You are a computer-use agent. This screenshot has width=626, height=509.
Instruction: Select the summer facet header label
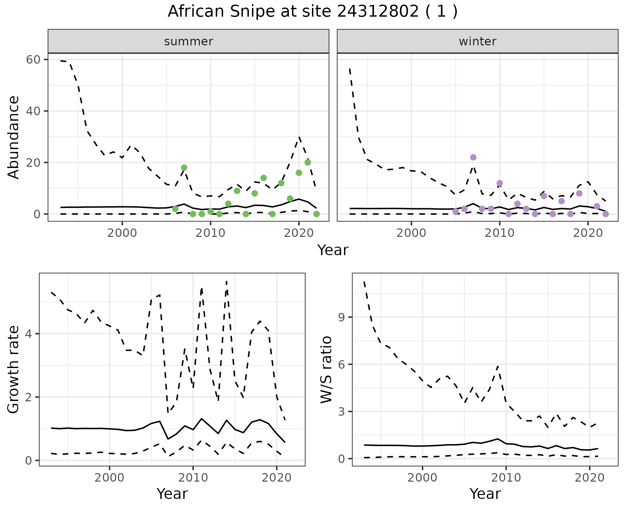(188, 41)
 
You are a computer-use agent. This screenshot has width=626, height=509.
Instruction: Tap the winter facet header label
(477, 41)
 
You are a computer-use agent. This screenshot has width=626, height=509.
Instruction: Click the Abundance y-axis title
(14, 137)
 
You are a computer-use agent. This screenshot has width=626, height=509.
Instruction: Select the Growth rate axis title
(14, 369)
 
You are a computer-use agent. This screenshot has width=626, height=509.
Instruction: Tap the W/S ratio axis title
(326, 369)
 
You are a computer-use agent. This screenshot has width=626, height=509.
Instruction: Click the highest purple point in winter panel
(473, 157)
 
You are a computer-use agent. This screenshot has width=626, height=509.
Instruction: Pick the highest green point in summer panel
(307, 162)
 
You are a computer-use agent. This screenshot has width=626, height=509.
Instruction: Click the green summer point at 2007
(184, 168)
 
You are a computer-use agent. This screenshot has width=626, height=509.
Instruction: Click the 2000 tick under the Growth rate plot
(109, 478)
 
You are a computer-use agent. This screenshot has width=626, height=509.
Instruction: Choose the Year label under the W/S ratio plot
(485, 494)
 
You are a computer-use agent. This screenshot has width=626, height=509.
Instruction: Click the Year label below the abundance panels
(333, 250)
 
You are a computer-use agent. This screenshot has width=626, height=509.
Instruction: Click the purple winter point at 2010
(499, 183)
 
